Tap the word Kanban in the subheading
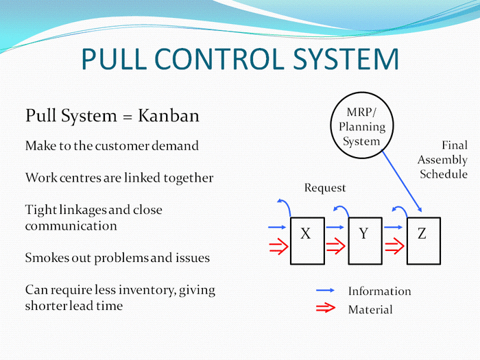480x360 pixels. point(169,116)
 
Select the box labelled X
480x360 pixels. point(307,241)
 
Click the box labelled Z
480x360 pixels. point(423,241)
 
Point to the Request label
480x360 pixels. point(325,188)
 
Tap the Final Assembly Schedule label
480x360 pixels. point(443,160)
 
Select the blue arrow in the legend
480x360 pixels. point(326,291)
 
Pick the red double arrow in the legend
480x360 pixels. point(326,309)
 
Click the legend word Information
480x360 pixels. point(379,291)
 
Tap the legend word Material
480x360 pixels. point(370,310)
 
